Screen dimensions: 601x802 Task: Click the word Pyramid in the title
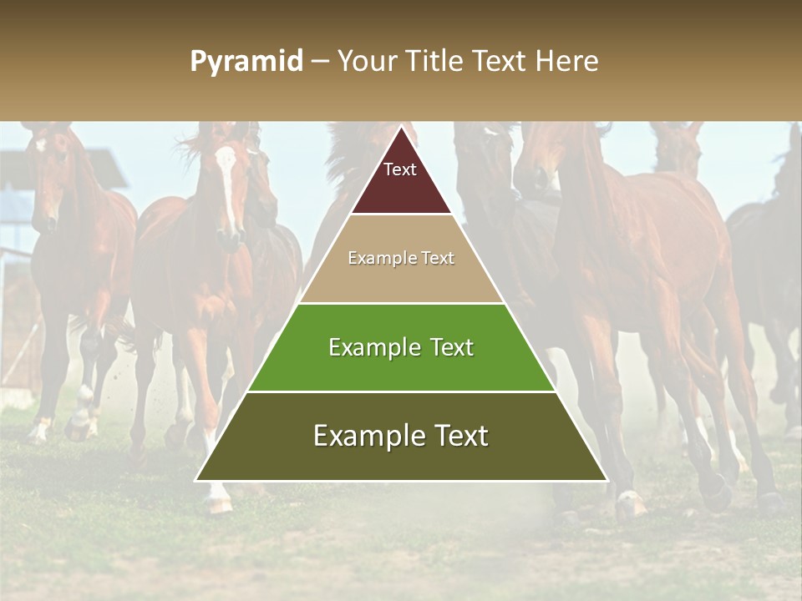(246, 61)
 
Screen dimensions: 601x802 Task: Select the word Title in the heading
(436, 61)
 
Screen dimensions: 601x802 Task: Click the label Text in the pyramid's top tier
(400, 169)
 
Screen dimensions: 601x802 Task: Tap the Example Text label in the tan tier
(401, 258)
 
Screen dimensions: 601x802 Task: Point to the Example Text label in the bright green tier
(401, 347)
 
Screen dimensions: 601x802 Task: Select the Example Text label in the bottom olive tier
(401, 436)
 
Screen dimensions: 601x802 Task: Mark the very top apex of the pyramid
(401, 128)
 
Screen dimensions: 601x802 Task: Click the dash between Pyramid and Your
(319, 61)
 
